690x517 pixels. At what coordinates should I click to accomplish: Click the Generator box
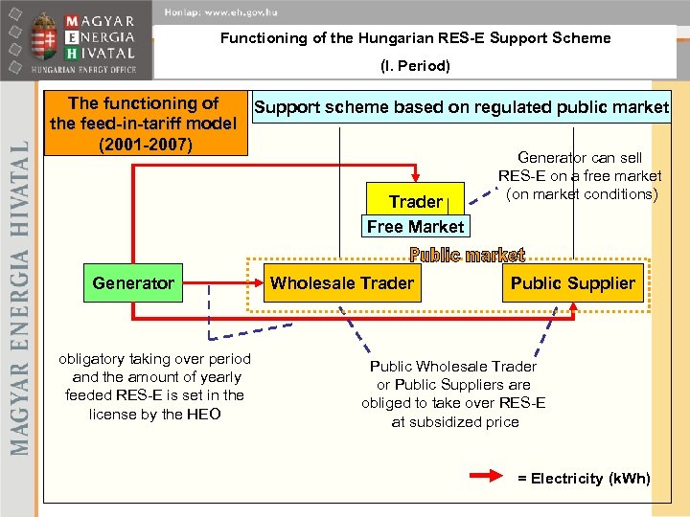(x=133, y=283)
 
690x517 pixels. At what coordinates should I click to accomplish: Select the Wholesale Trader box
(x=342, y=283)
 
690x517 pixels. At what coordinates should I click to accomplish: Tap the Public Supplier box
(x=572, y=283)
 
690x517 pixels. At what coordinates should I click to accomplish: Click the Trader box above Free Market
(x=415, y=201)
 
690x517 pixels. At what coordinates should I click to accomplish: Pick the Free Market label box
(x=415, y=227)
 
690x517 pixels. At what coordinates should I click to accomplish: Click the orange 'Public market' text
(x=467, y=256)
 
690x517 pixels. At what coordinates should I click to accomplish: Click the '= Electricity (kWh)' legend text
(x=584, y=478)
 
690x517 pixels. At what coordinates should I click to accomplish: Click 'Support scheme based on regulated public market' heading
(x=461, y=107)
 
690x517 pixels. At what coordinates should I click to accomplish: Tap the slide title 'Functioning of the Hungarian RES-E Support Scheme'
(x=415, y=38)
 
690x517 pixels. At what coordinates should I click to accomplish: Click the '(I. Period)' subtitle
(x=415, y=66)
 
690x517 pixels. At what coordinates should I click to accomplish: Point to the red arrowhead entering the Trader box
(x=415, y=180)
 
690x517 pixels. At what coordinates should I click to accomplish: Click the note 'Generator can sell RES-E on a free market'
(x=580, y=175)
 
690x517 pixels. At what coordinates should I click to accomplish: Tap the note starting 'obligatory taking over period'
(x=154, y=386)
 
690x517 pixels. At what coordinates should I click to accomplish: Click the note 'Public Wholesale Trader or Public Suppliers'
(x=453, y=393)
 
